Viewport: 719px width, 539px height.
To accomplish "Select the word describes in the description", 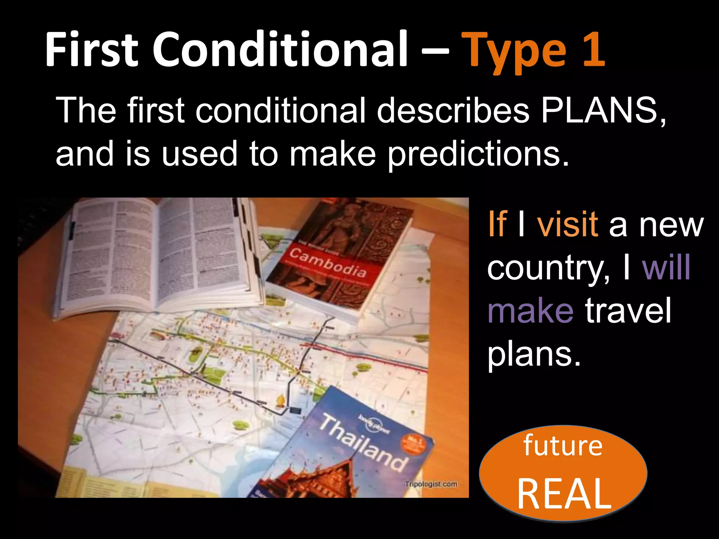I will [453, 110].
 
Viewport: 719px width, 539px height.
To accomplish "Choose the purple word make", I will [530, 310].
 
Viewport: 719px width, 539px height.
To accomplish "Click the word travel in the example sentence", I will [628, 310].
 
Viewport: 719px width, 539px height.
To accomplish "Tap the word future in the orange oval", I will [563, 446].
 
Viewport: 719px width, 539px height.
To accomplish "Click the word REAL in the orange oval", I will [564, 494].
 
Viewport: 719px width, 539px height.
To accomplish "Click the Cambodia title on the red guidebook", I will [328, 262].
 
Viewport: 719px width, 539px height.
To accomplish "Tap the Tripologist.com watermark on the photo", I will [431, 484].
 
